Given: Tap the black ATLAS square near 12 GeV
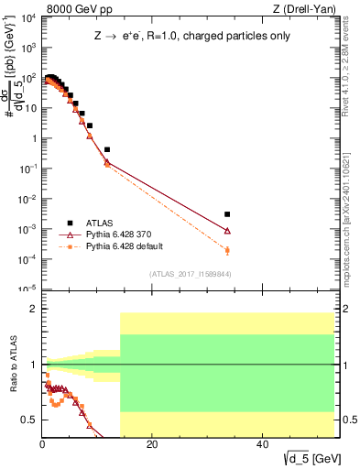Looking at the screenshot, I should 107,149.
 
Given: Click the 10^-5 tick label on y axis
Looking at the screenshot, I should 27,289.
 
